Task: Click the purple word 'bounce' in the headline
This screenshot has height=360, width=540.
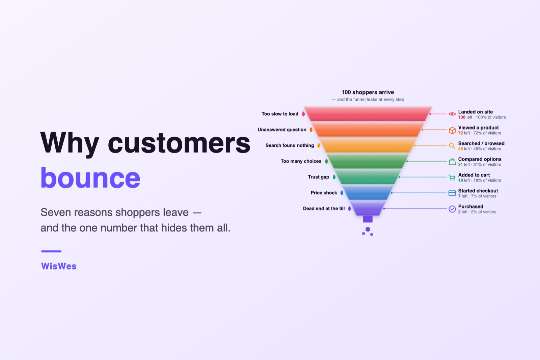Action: [90, 178]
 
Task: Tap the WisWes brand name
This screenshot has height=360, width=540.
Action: [59, 266]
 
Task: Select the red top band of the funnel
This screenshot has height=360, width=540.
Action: [368, 114]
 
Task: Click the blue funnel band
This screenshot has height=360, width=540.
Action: [368, 193]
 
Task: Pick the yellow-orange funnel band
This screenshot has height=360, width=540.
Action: [368, 145]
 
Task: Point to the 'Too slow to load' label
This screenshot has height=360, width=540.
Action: [280, 114]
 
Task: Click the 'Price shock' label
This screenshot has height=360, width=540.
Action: [324, 193]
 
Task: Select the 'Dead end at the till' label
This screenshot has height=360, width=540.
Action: [324, 209]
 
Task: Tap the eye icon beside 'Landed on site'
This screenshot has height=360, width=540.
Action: [452, 114]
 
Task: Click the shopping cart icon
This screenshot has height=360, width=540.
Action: [452, 177]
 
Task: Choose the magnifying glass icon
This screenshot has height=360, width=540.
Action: [452, 146]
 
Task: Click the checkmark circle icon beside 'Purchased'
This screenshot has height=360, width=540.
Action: [452, 209]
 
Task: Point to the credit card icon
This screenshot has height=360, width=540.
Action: [452, 193]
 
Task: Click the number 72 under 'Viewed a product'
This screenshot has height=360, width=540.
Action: [460, 133]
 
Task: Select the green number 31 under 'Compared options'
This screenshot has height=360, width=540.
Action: [460, 165]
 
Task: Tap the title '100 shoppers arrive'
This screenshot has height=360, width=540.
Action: [368, 92]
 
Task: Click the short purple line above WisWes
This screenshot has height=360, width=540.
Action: [51, 251]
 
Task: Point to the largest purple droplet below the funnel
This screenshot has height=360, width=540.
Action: [368, 229]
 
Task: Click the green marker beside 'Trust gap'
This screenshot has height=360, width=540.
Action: [334, 177]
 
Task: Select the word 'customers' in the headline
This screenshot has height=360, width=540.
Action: [179, 143]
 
